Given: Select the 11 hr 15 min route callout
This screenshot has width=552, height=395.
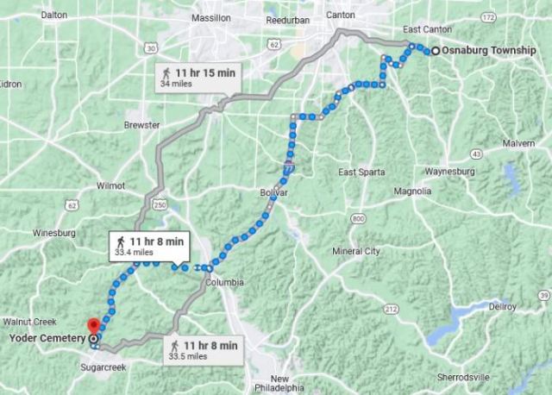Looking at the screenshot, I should (198, 78).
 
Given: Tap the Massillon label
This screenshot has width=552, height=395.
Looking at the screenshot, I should (211, 17).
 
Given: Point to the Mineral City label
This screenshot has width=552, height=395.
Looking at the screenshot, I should (356, 252).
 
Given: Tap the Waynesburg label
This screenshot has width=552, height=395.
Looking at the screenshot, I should (474, 172).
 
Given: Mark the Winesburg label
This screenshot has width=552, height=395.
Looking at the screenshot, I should (55, 233).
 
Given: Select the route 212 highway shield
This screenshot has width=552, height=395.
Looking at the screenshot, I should (390, 308).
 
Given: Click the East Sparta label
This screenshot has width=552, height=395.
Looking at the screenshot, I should (361, 172).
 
